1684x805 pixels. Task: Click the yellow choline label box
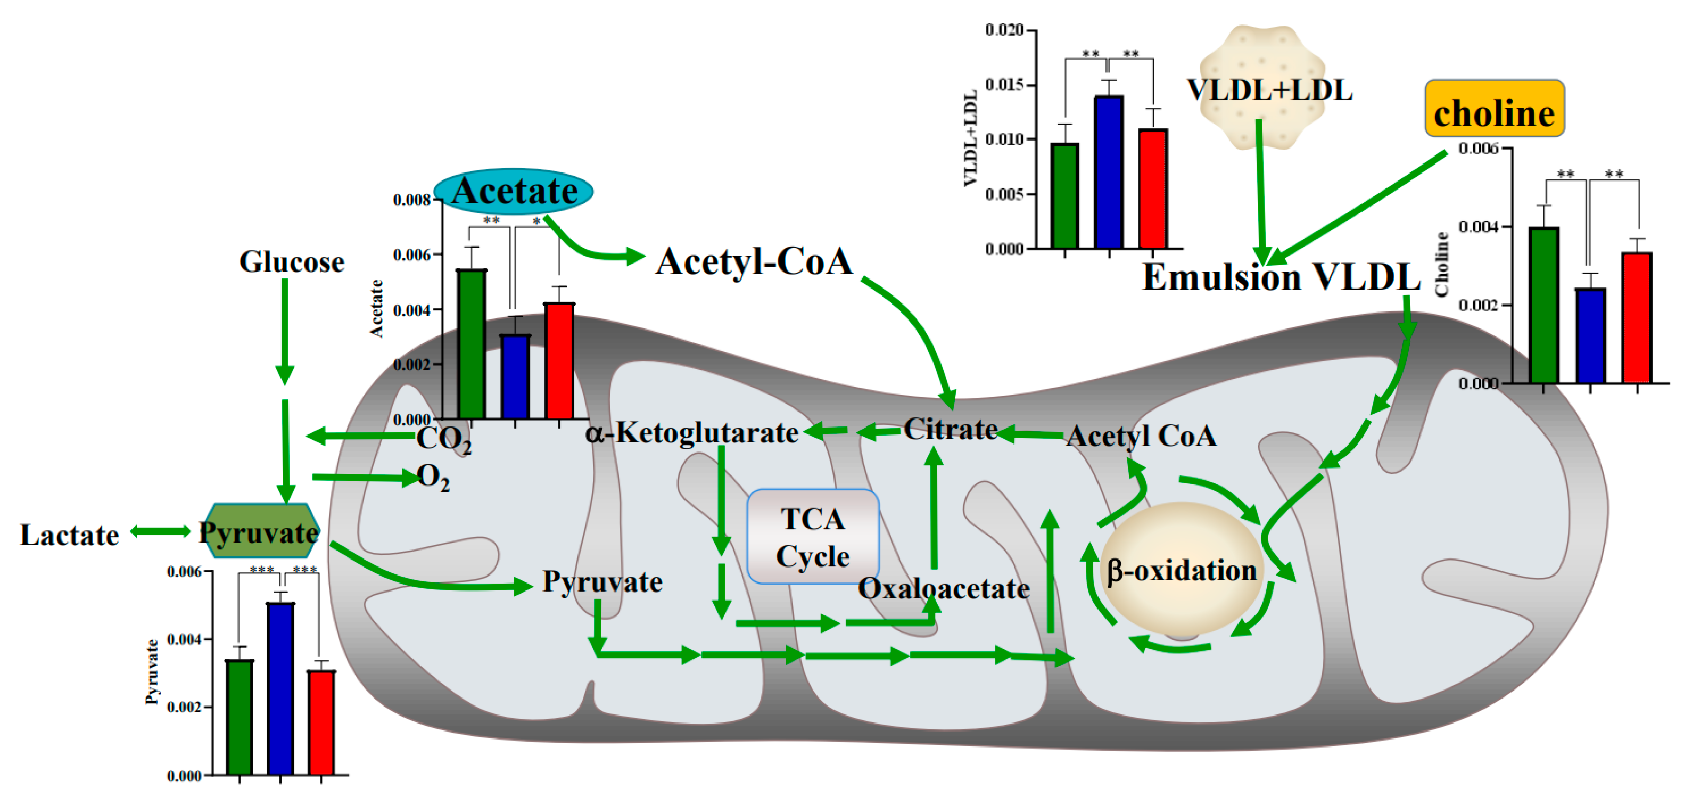(1494, 109)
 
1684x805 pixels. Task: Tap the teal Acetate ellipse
(513, 191)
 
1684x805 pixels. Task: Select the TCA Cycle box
(813, 536)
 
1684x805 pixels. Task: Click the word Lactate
(69, 535)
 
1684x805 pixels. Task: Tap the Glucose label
(292, 262)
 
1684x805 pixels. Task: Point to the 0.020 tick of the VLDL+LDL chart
(1004, 30)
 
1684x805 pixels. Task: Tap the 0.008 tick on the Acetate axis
(412, 200)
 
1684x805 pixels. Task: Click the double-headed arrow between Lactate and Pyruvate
(160, 532)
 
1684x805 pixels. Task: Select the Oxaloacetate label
(943, 588)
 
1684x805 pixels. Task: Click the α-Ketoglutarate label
(692, 433)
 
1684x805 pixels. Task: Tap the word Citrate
(951, 430)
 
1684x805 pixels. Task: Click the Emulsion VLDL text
(1281, 277)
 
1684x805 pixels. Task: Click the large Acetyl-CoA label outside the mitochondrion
(754, 261)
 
